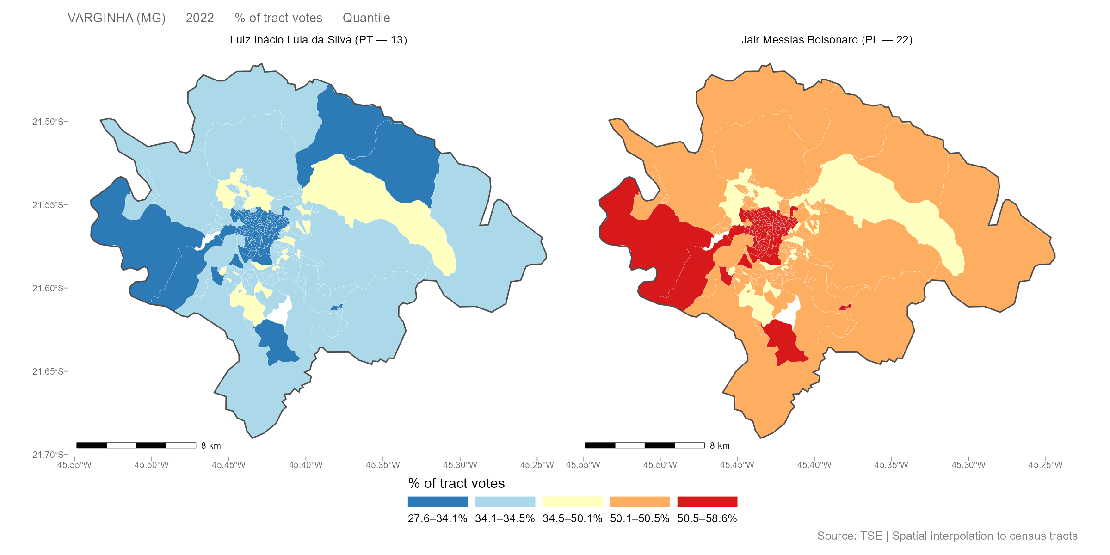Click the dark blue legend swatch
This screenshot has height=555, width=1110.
(x=438, y=502)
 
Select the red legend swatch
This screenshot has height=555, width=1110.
(x=707, y=502)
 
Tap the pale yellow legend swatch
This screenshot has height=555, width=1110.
(x=573, y=502)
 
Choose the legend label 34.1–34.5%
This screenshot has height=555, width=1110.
(x=505, y=518)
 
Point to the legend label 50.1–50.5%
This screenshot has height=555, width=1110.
(x=640, y=518)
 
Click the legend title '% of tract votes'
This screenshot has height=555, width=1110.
(x=456, y=483)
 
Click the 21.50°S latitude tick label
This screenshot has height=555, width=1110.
(x=48, y=122)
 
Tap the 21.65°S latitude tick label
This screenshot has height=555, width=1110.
(x=48, y=371)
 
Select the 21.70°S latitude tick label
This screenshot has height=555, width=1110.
(x=48, y=455)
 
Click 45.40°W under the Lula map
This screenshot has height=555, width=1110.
(x=306, y=465)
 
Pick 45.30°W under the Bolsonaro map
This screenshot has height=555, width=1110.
(x=968, y=465)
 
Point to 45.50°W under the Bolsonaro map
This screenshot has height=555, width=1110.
(x=660, y=465)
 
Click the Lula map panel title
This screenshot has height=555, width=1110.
(x=318, y=40)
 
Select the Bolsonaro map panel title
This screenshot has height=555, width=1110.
(x=827, y=40)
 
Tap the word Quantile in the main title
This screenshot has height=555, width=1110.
(x=366, y=18)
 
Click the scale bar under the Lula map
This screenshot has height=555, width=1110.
(x=136, y=445)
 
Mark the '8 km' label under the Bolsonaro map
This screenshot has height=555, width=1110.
(x=720, y=446)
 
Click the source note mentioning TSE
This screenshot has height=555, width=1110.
(x=947, y=536)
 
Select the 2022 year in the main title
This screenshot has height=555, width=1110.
(x=200, y=18)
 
